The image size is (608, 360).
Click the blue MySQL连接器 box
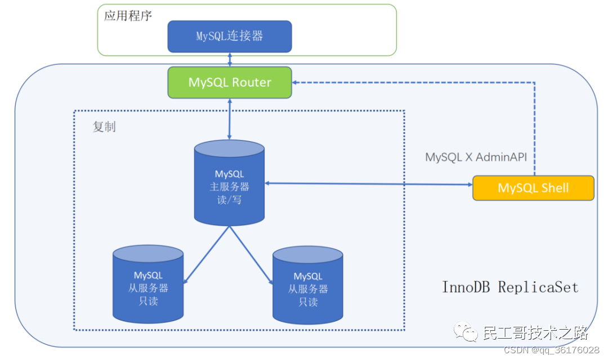[x=230, y=37]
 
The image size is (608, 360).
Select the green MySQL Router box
[x=230, y=82]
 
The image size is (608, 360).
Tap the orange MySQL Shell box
[x=533, y=188]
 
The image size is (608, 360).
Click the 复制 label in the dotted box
[x=104, y=127]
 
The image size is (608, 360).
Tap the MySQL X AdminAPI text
[x=476, y=157]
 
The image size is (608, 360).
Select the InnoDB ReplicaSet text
[x=510, y=287]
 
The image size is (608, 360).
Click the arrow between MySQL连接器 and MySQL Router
[x=230, y=59]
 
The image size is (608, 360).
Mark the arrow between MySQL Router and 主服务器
[x=230, y=119]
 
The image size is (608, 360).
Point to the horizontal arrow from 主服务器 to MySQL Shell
[x=369, y=184]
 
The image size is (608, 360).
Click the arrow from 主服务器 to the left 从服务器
[x=207, y=254]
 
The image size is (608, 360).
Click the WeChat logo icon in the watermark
[x=466, y=332]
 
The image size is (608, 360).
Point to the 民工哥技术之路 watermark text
[x=535, y=333]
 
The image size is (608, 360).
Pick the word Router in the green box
[x=252, y=82]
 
